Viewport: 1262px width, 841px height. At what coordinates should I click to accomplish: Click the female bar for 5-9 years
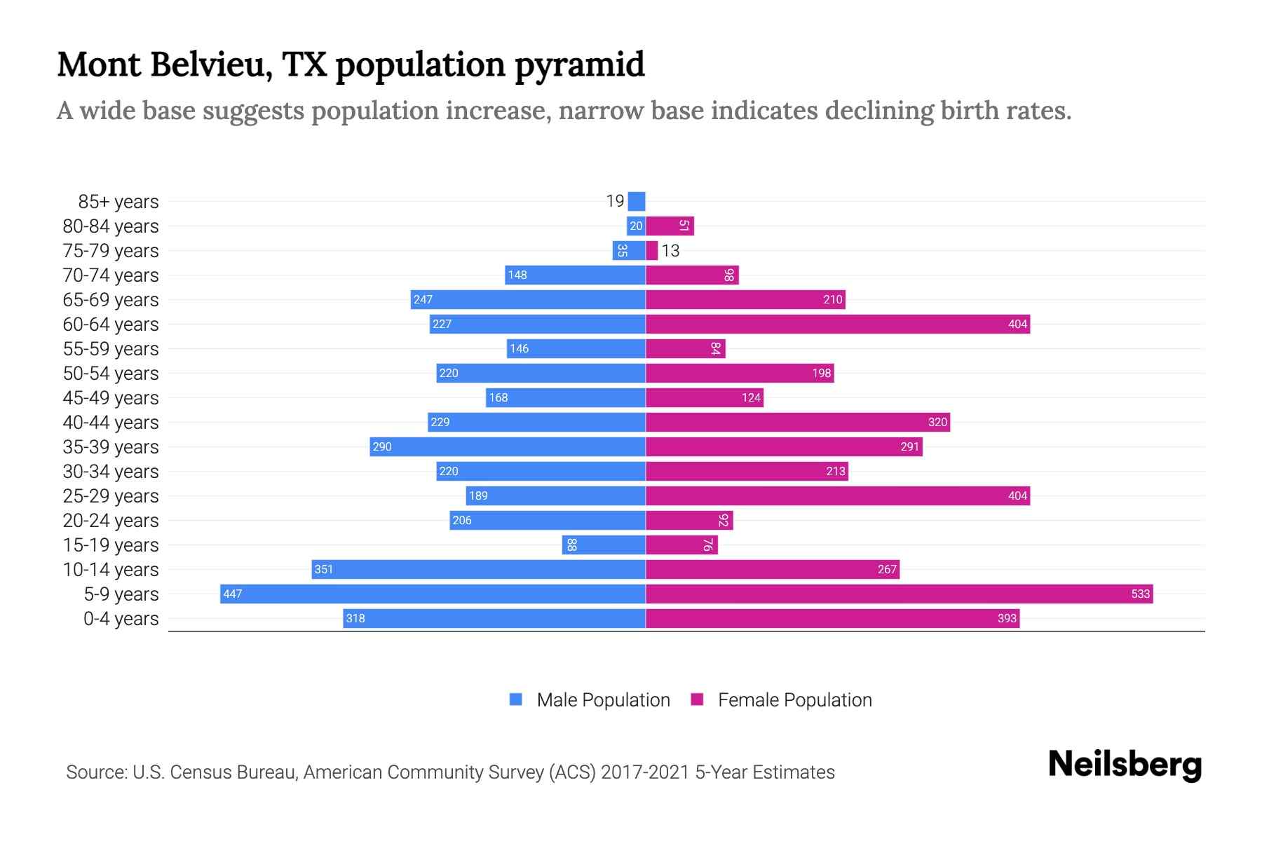[899, 594]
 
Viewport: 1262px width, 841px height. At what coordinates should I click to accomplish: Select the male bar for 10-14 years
[478, 569]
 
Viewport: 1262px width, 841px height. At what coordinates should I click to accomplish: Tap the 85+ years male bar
[637, 201]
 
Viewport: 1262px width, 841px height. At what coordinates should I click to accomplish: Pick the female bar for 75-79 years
[652, 250]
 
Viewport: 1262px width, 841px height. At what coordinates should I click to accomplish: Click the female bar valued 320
[797, 422]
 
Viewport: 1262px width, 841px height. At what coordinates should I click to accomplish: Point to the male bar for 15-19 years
[604, 545]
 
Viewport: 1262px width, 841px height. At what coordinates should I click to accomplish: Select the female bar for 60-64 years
[837, 324]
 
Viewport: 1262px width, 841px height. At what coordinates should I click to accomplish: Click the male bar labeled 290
[508, 446]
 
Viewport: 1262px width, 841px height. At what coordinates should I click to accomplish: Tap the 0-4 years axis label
[121, 619]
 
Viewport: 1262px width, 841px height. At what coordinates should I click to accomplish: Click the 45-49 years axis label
[111, 398]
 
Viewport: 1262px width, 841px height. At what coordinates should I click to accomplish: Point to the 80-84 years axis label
[111, 226]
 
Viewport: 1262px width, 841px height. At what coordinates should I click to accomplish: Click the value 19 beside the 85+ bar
[615, 201]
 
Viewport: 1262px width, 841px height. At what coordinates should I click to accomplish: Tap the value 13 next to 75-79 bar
[670, 251]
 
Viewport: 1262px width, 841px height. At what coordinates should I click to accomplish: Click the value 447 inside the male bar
[233, 594]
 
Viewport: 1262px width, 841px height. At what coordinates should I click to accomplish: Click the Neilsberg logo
[1125, 765]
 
